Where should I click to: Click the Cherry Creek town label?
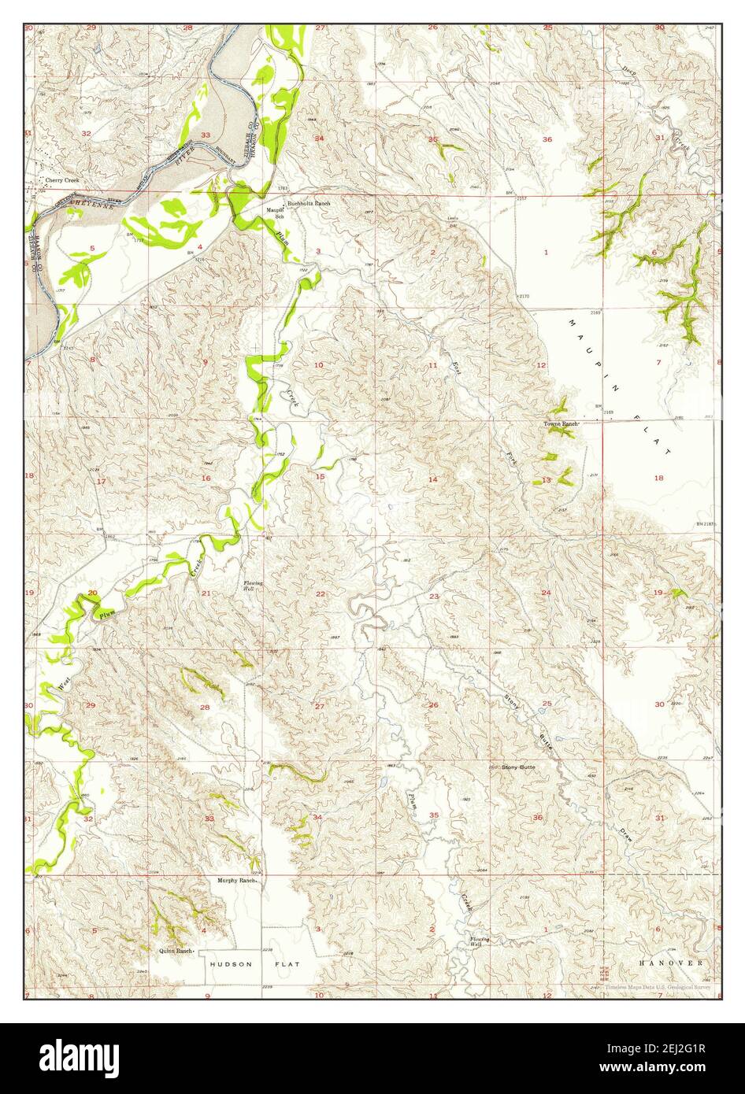[x=62, y=181]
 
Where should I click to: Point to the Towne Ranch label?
[x=562, y=424]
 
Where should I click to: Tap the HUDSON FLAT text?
[x=242, y=963]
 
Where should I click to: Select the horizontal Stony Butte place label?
[x=518, y=766]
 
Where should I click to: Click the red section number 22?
[x=321, y=594]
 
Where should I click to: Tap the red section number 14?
[x=432, y=479]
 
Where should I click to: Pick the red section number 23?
[x=434, y=597]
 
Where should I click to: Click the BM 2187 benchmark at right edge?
[x=707, y=524]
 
